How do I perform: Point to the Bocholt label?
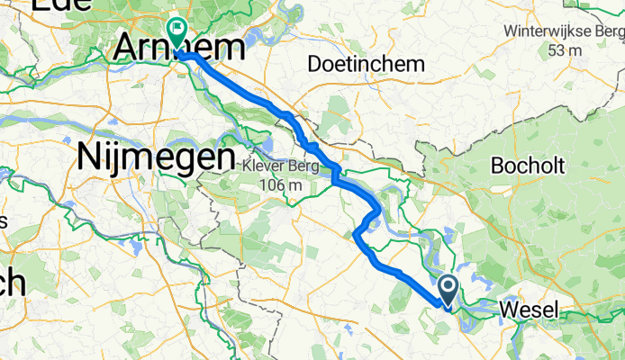click(525, 166)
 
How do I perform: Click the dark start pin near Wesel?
click(448, 290)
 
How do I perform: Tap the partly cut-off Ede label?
click(53, 4)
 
